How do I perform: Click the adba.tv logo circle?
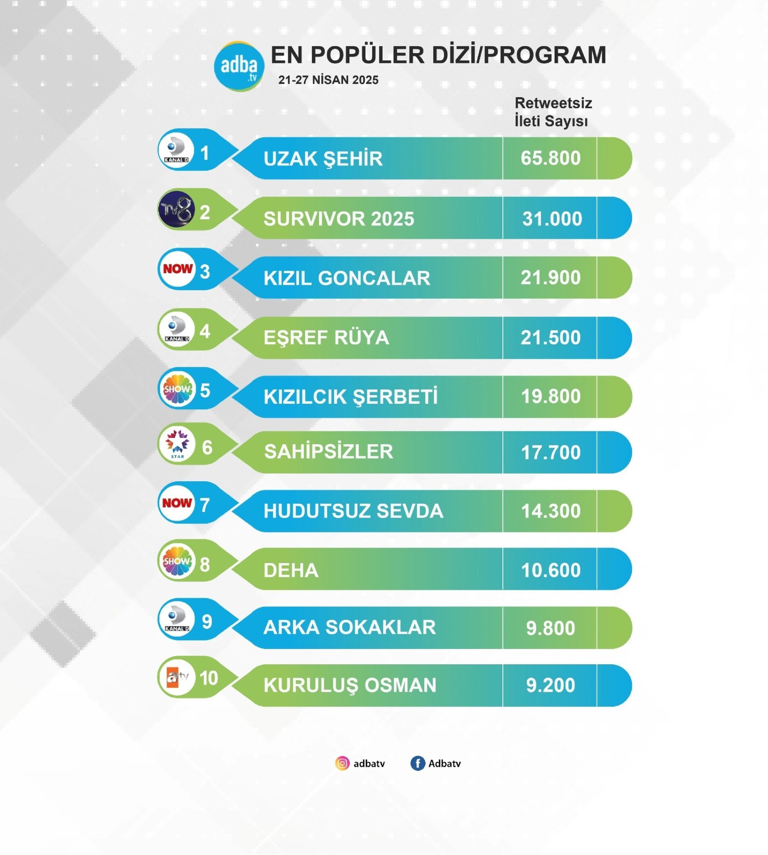tap(239, 66)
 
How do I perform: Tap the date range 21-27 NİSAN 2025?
tap(328, 80)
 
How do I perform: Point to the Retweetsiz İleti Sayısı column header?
tap(553, 112)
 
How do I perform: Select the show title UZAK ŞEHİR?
tap(323, 159)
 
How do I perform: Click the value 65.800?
tap(550, 158)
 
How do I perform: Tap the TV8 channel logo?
tap(176, 209)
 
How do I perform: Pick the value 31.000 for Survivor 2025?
tap(552, 218)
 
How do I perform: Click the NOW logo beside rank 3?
tap(177, 269)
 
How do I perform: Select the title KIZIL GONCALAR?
tap(347, 278)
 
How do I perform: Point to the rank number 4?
tap(205, 331)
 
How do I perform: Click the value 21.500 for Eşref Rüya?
tap(550, 337)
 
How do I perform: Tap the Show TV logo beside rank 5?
tap(177, 390)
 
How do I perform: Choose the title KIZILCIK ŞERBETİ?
tap(351, 397)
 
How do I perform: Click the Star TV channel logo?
tap(177, 444)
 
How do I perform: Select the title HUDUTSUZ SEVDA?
tap(353, 511)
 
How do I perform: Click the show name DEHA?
tap(291, 570)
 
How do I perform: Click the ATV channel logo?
tap(176, 678)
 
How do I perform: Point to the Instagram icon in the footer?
tap(342, 763)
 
